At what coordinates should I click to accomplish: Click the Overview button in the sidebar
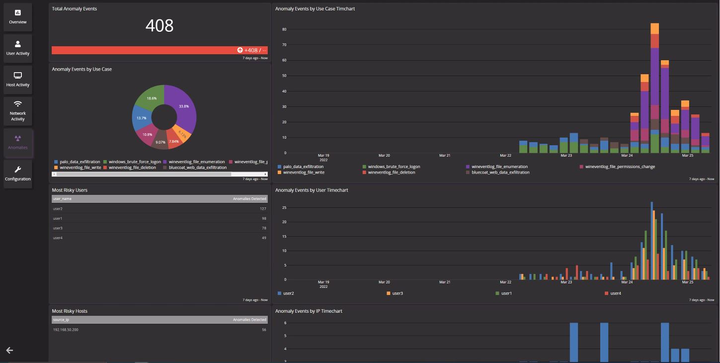click(x=18, y=17)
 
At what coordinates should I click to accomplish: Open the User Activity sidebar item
click(x=18, y=48)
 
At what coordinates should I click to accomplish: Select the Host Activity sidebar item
click(x=18, y=80)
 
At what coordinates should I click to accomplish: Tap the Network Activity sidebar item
click(x=18, y=111)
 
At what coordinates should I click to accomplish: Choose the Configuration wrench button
click(x=18, y=174)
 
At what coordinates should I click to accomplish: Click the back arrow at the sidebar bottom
click(x=9, y=351)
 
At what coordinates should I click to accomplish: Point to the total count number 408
click(x=160, y=25)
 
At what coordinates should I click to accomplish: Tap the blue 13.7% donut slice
click(x=141, y=118)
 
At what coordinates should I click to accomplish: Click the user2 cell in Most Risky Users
click(x=58, y=209)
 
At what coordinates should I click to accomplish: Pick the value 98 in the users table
click(x=263, y=219)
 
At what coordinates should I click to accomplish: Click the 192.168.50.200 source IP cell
click(x=66, y=330)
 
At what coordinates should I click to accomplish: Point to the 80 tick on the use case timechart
click(x=284, y=29)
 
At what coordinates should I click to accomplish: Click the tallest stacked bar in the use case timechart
click(x=654, y=90)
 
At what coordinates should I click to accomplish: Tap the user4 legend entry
click(x=615, y=293)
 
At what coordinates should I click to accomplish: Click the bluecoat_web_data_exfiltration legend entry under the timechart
click(x=500, y=173)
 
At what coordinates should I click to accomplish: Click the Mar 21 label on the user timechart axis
click(x=445, y=282)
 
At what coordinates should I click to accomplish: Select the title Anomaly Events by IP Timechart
click(x=309, y=311)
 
